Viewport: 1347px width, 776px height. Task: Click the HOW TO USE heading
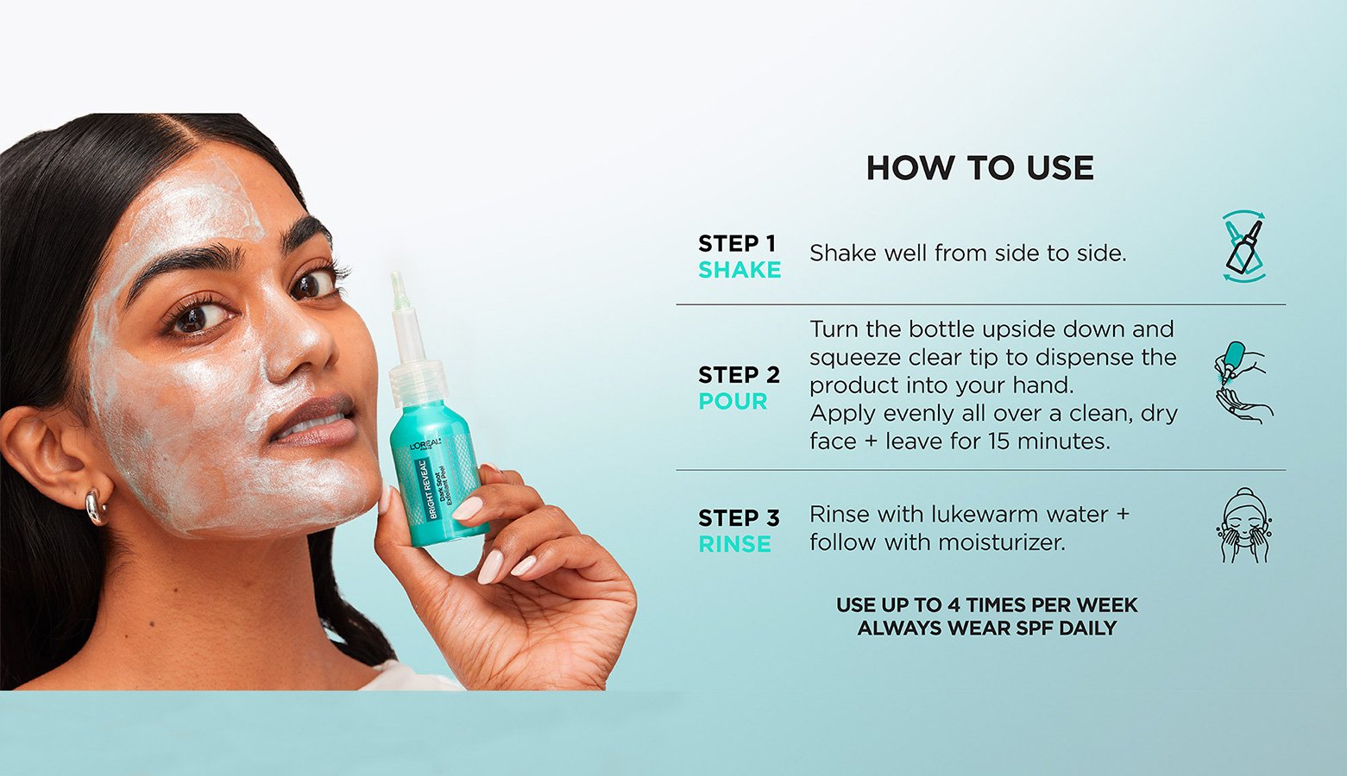[979, 168]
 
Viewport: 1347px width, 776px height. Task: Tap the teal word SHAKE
[740, 270]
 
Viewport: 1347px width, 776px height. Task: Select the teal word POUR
[733, 401]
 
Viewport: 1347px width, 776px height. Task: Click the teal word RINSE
[734, 544]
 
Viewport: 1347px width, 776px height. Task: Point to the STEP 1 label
[737, 243]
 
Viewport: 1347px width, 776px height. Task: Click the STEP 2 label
[739, 374]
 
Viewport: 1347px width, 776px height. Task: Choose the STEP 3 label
[739, 517]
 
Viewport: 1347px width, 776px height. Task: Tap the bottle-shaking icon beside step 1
[1244, 247]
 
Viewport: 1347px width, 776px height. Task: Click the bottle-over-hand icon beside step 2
[1243, 382]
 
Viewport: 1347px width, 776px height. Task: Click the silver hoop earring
[95, 507]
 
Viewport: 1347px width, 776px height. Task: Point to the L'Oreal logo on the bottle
[425, 444]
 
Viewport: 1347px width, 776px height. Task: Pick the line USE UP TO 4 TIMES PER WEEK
[987, 604]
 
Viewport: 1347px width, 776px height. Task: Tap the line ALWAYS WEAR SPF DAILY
[987, 629]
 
